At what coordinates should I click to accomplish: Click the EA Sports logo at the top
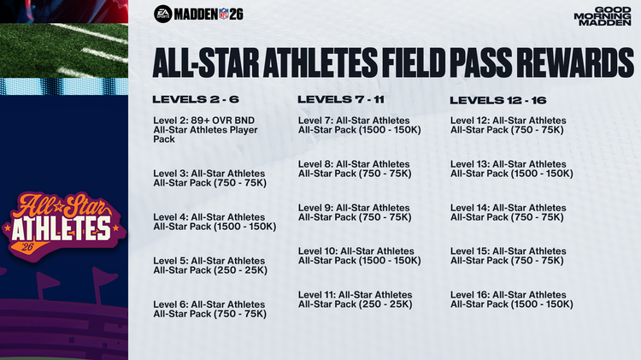[162, 14]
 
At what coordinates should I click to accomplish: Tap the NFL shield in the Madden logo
[226, 14]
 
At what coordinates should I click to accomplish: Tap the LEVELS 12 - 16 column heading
[497, 100]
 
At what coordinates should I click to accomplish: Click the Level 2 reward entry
[204, 128]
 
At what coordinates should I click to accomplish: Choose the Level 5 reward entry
[210, 265]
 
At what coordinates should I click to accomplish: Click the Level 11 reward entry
[355, 299]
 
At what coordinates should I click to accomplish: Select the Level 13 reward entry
[510, 168]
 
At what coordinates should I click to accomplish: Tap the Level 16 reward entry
[510, 299]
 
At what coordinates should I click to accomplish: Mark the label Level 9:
[315, 208]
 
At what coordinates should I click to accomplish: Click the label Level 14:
[470, 208]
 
